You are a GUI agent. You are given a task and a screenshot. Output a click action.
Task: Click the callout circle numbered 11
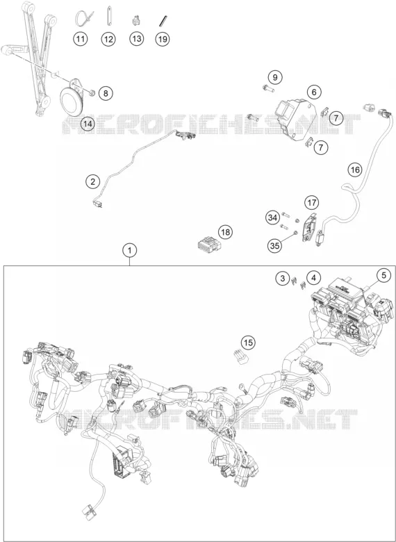tap(80, 39)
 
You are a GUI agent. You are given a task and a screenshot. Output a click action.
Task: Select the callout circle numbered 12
tap(108, 39)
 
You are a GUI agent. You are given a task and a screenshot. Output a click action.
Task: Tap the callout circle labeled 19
tap(162, 39)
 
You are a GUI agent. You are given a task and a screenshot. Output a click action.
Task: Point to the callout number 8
tap(106, 93)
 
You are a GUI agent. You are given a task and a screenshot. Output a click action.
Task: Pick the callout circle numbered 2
tap(92, 181)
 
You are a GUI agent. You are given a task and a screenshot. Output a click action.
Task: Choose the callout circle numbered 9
tap(275, 77)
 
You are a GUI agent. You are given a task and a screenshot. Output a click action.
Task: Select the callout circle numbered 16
tap(355, 170)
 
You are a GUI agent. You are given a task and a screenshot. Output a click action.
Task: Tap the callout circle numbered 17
tap(312, 203)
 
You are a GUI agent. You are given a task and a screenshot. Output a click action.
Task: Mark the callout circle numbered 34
tap(272, 217)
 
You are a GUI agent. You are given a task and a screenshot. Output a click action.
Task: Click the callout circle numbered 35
tap(274, 245)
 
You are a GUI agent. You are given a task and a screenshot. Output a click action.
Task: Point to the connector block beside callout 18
tap(208, 245)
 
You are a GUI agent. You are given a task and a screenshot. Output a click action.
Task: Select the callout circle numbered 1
tap(130, 251)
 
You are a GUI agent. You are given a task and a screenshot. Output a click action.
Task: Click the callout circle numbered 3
tap(283, 278)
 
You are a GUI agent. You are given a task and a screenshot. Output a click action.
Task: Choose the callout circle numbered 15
tap(247, 343)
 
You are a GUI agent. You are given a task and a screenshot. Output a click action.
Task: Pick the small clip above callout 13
tap(136, 21)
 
